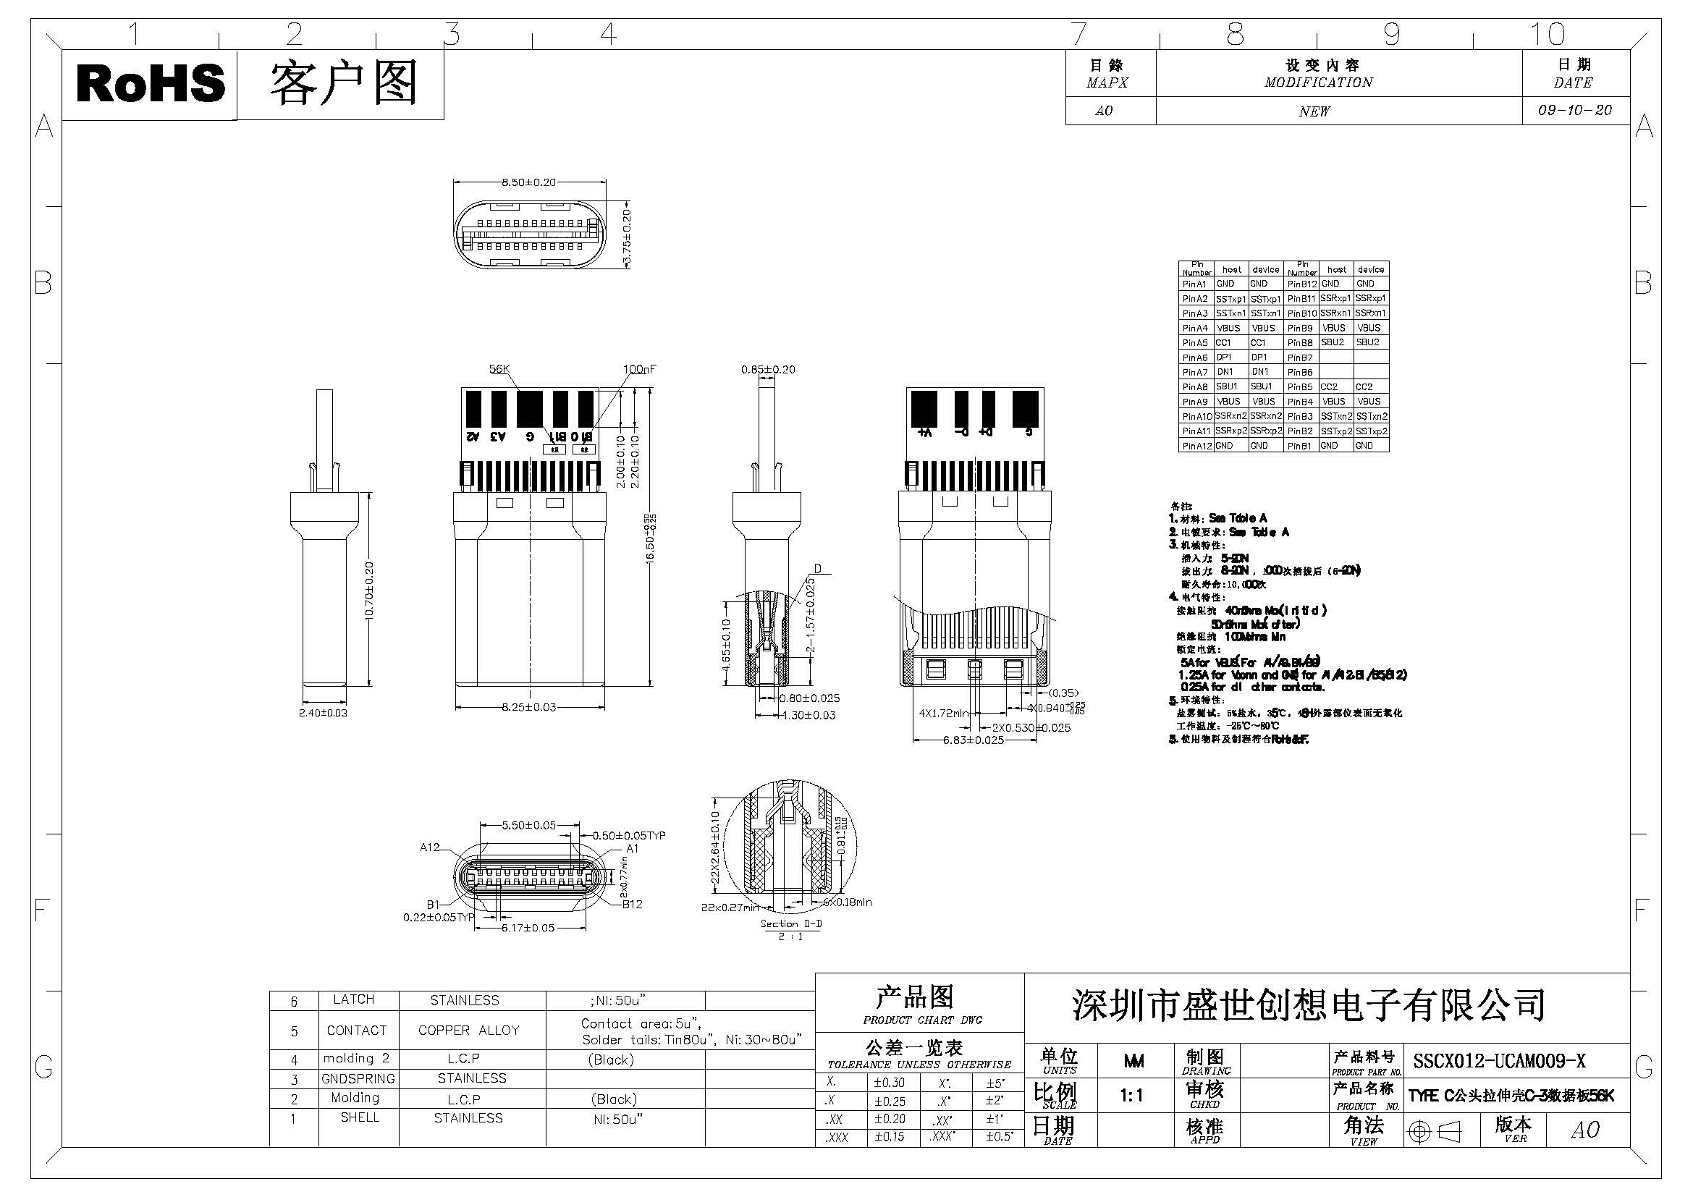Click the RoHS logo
coord(151,83)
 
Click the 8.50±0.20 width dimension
coord(528,182)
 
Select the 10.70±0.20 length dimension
coord(369,591)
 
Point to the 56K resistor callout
coord(499,369)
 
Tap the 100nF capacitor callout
coord(638,369)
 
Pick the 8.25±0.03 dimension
coord(528,707)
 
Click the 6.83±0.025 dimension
coord(974,740)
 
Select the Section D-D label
coord(790,923)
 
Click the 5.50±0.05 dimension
coord(528,826)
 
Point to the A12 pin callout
coord(429,847)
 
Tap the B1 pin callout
coord(433,905)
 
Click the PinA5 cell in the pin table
coord(1194,343)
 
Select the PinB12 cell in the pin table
coord(1301,284)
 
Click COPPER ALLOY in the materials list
coord(468,1031)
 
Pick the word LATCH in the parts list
coord(353,999)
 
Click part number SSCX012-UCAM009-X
coord(1499,1062)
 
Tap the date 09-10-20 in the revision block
coord(1574,111)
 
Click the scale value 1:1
coord(1131,1096)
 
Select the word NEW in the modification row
coord(1314,111)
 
